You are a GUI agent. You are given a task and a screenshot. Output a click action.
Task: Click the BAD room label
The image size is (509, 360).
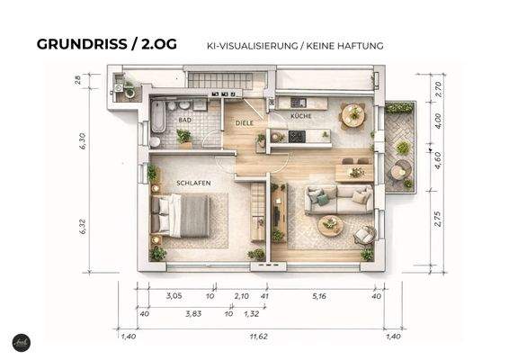pos(185,119)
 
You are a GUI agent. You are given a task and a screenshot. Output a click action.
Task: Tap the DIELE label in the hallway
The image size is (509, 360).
pos(245,122)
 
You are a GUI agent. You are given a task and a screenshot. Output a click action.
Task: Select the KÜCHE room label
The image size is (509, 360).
pos(301,117)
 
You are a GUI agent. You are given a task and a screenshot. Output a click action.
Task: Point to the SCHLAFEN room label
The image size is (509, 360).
pos(193,183)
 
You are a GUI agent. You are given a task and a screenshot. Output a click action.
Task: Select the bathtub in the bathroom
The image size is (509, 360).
pos(158,116)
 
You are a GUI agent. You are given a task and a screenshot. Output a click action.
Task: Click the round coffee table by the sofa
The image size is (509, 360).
pos(330,225)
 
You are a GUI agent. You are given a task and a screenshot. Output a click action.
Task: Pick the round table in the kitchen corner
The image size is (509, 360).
pos(354,114)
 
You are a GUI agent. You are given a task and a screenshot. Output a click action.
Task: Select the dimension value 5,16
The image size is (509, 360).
pos(319,294)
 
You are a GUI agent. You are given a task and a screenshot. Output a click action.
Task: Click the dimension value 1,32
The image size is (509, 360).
pos(251,314)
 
